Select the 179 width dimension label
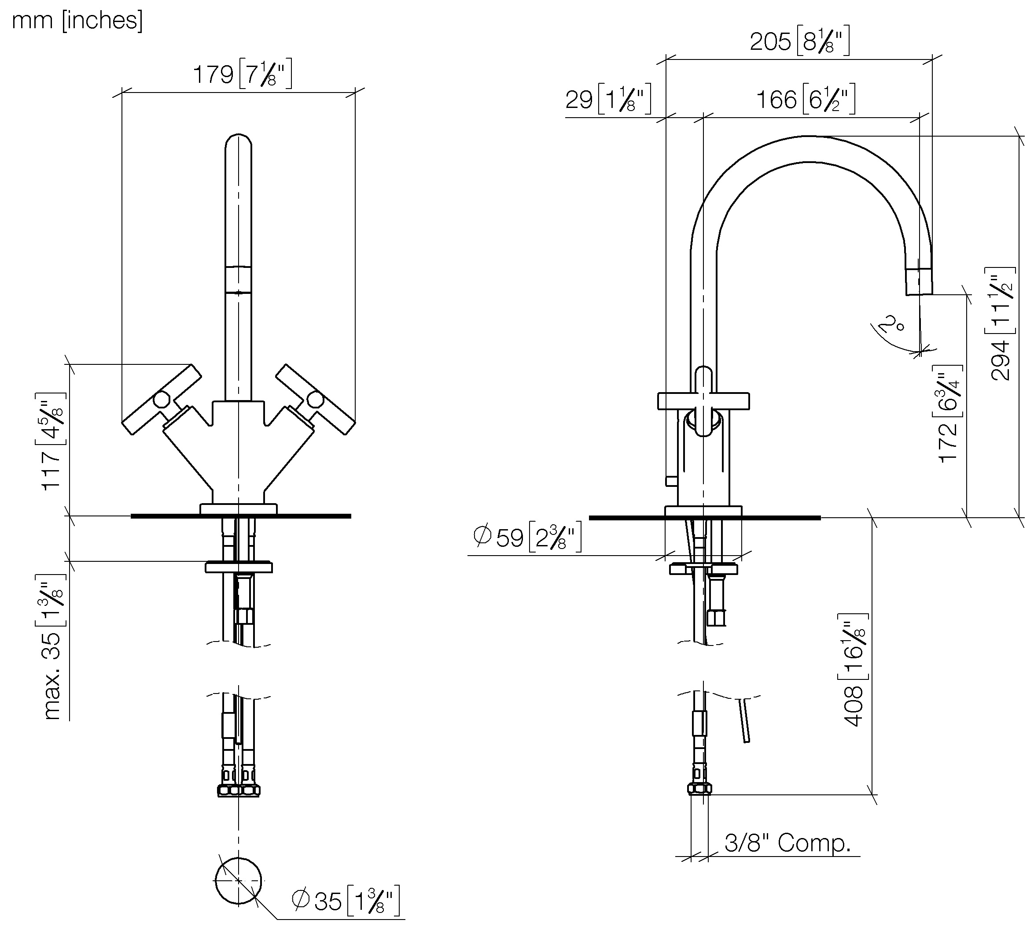coord(242,75)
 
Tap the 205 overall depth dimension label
coord(799,41)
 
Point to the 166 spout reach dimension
coord(805,99)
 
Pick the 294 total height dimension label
coord(1001,324)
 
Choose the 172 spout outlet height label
coord(949,414)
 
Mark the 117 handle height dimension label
coord(52,441)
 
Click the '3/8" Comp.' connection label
coord(787,842)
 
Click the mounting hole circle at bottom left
coord(238,880)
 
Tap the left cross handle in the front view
coord(162,399)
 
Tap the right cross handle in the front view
coord(315,399)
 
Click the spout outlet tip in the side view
coord(919,282)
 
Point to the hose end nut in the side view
coord(699,788)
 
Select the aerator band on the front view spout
coord(238,279)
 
